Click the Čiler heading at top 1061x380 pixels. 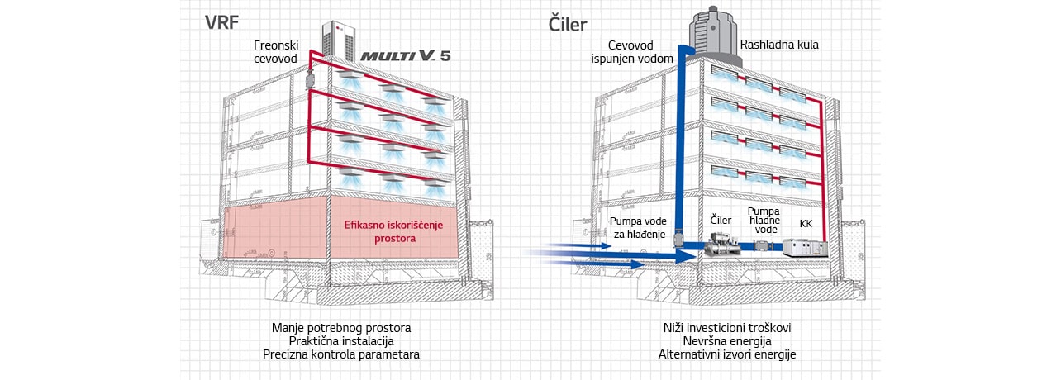click(569, 23)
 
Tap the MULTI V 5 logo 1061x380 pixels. click(405, 56)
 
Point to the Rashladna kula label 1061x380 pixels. click(779, 45)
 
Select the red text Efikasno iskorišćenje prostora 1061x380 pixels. click(381, 230)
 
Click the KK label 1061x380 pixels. click(806, 223)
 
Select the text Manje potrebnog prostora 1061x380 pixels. click(340, 328)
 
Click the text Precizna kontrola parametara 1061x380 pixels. click(340, 354)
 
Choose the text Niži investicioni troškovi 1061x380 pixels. click(728, 328)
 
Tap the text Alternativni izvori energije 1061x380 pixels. click(728, 354)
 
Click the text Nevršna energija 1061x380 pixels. click(728, 341)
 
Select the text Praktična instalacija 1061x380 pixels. click(340, 341)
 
